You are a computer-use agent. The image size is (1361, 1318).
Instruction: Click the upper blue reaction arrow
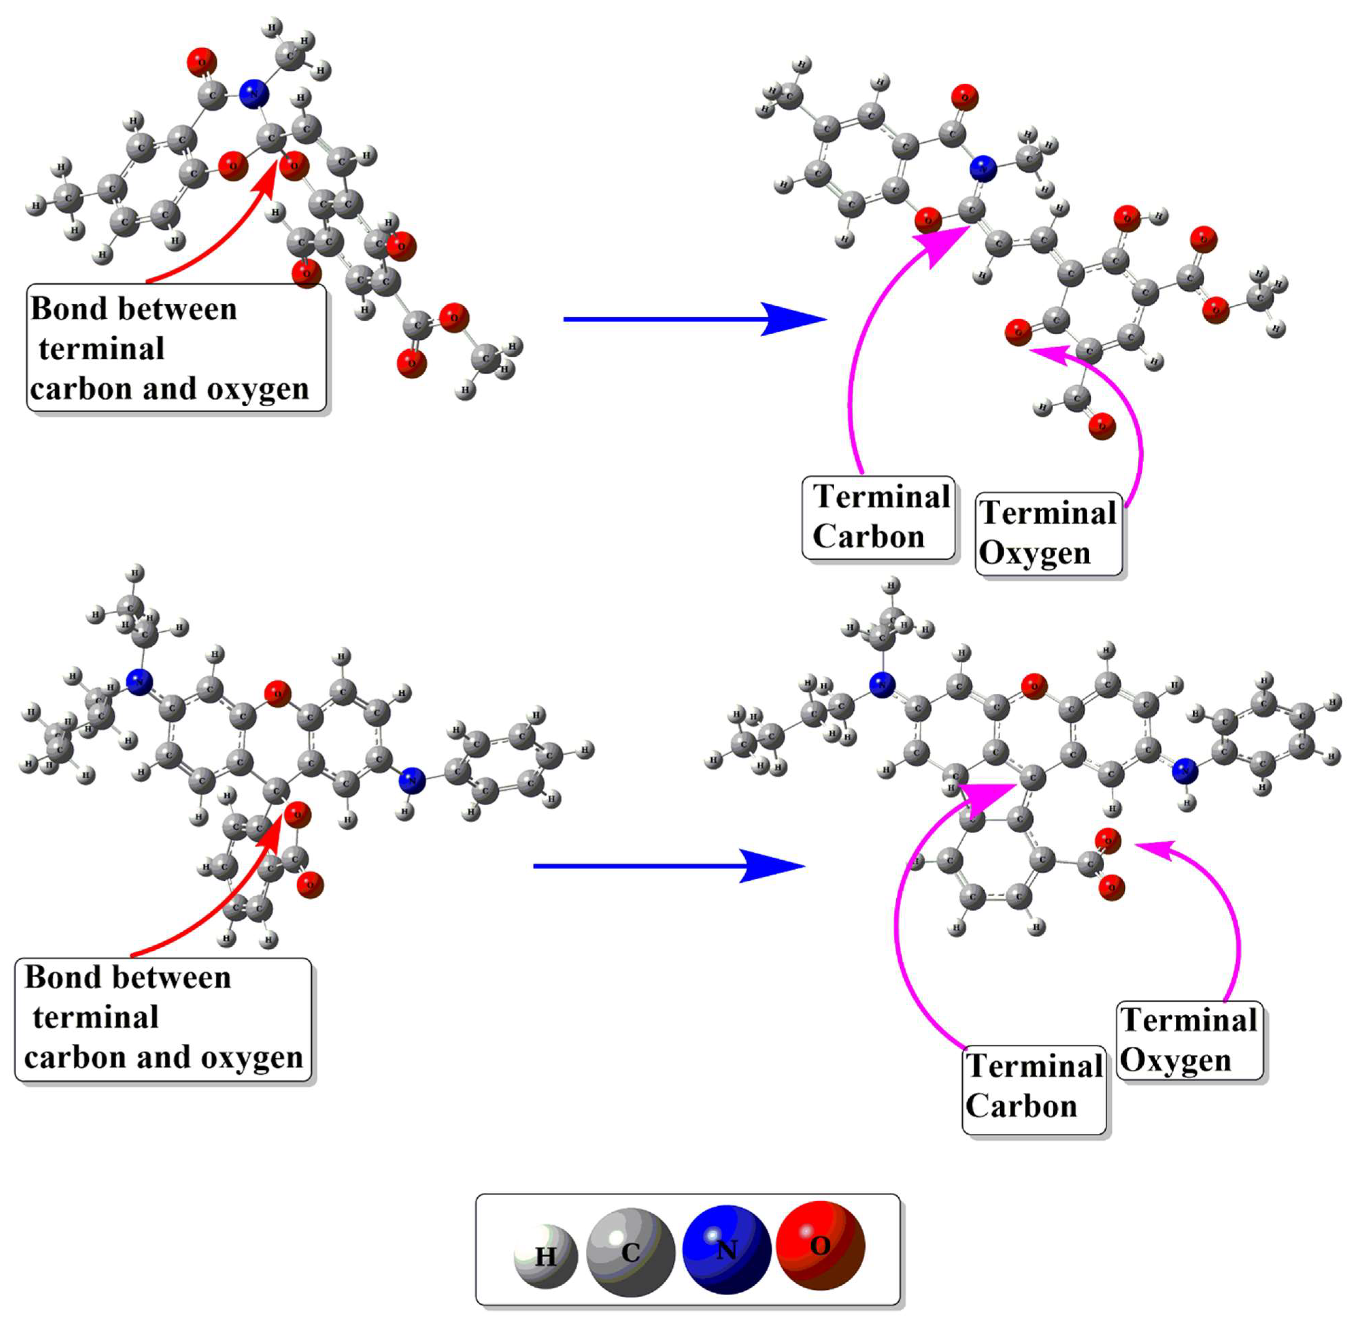(694, 319)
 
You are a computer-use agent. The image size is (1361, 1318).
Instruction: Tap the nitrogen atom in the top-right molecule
(983, 169)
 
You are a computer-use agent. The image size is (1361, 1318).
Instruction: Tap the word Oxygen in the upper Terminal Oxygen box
(1035, 554)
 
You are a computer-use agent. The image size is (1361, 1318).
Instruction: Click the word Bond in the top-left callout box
(63, 309)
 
